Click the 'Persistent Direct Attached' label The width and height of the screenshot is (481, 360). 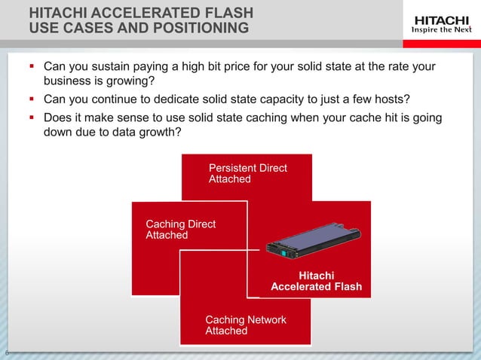coord(247,173)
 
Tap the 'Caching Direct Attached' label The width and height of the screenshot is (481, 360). coord(180,230)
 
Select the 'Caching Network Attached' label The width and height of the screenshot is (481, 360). coord(246,325)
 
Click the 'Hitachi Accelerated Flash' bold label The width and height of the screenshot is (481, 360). coord(316,281)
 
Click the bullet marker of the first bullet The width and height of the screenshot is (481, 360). coord(32,67)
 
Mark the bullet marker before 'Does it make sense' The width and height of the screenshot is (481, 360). coord(32,117)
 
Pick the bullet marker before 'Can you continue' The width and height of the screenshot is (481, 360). coord(32,99)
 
